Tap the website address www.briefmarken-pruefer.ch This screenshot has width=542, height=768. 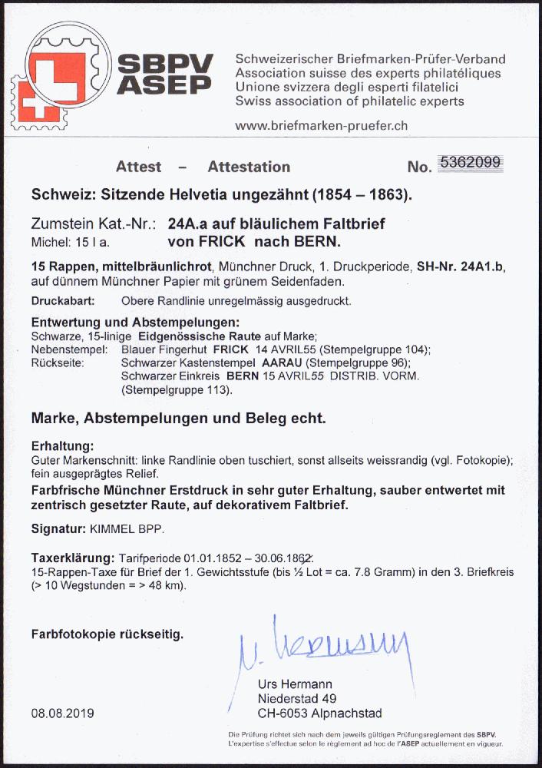[321, 126]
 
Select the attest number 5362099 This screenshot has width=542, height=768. [470, 162]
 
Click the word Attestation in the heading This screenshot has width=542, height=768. [249, 167]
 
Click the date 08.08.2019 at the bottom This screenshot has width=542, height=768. [63, 713]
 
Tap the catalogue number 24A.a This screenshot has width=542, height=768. [192, 224]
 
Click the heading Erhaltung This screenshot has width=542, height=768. [63, 446]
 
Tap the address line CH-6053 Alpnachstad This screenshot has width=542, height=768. [319, 713]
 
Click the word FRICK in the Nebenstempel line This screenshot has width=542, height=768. [230, 349]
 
